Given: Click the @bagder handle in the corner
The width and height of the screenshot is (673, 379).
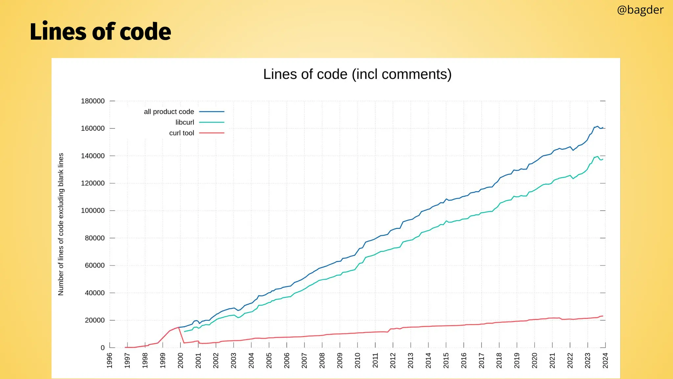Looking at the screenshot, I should pos(640,10).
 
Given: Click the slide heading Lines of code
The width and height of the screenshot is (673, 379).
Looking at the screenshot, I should pos(100,32).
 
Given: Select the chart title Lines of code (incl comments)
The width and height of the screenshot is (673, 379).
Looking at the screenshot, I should pos(357,74).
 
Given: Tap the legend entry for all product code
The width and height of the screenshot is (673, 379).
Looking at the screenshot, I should pos(169,112).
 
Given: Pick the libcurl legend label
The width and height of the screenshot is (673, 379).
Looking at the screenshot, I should pos(185,122).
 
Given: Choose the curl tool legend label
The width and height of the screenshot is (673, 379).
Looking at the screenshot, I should pos(181,133).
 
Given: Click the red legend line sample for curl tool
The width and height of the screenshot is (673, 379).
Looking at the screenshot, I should pos(212,133).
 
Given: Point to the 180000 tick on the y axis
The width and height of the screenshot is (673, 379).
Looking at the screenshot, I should pos(93,101).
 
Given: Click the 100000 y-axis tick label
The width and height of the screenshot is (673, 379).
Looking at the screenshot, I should pos(93,211).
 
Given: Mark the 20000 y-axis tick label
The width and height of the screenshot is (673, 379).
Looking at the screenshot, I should pos(95,320).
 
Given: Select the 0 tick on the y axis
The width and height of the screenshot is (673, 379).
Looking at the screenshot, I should pos(103,348).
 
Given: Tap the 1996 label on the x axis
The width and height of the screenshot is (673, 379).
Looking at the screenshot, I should pos(110,361).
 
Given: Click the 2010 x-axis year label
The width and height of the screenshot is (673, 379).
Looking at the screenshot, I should pos(358,361).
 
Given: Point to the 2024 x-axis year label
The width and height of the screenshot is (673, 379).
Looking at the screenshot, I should pos(605,361).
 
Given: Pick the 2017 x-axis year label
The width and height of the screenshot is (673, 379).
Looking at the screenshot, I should pos(481,361).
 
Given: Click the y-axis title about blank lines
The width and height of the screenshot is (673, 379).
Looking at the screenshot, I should pos(61,224).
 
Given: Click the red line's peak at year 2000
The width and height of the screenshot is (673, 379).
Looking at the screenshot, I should pos(179,327).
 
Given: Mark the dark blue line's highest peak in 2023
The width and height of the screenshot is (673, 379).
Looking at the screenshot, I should pos(598,126).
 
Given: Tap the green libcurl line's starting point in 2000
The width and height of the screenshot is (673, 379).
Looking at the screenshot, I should pos(184,331).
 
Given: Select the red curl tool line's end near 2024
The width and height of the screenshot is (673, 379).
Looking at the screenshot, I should pos(603,316).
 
